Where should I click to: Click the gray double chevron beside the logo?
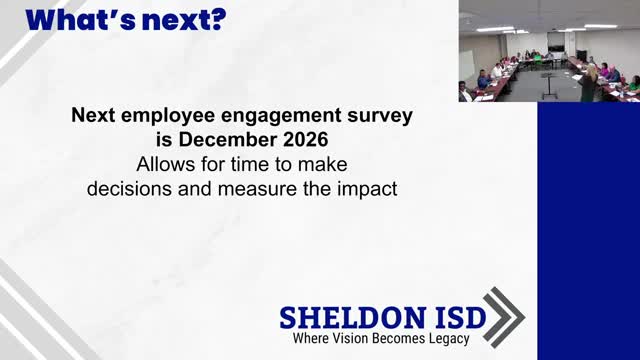[x=505, y=317]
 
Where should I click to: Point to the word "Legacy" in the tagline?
[x=444, y=339]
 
